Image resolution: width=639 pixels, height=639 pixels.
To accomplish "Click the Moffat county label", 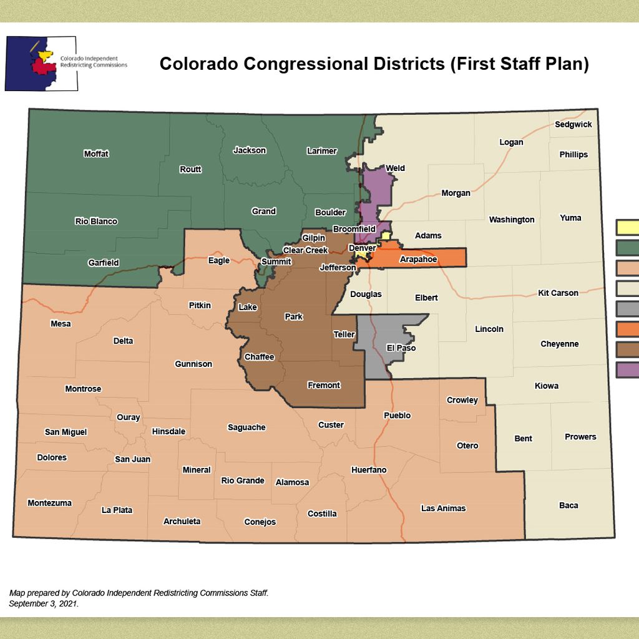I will (x=96, y=154).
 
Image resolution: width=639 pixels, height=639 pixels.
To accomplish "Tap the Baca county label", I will (x=568, y=505).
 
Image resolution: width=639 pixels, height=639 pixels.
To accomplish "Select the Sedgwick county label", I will (x=573, y=124).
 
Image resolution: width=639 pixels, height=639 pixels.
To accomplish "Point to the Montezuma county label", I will (x=49, y=503).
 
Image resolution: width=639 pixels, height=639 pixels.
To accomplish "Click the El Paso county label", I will (x=401, y=348).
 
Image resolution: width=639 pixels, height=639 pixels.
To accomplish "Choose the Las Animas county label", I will (x=443, y=508).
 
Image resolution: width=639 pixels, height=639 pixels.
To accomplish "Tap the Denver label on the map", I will (x=362, y=248).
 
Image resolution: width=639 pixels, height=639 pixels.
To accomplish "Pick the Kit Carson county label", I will (x=558, y=293).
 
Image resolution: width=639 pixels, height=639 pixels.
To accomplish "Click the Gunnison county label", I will (x=193, y=364).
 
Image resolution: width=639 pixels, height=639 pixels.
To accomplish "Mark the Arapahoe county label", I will (x=418, y=259).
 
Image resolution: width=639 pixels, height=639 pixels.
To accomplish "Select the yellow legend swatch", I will (x=627, y=227).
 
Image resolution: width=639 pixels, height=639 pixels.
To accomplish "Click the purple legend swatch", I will (x=627, y=369).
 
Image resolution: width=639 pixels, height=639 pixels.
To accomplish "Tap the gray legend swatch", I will (x=627, y=309).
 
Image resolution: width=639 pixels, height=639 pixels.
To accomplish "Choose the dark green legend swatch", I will (x=627, y=248).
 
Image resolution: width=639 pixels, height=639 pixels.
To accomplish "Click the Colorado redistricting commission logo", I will (x=41, y=63).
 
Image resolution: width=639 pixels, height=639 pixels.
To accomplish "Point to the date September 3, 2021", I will (x=44, y=604).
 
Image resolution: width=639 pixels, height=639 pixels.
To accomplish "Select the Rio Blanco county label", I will (x=96, y=221).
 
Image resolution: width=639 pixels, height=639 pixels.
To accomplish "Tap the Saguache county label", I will (x=246, y=427).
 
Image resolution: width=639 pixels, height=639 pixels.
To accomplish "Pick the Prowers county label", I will (x=580, y=437).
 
